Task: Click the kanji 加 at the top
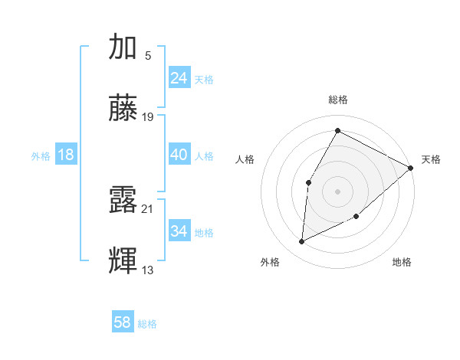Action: [x=123, y=47]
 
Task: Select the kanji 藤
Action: [x=123, y=109]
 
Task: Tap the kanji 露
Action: [x=123, y=200]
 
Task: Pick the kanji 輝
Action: [x=123, y=260]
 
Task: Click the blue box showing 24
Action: [x=179, y=77]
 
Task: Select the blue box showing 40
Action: [x=179, y=155]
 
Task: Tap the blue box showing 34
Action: [x=179, y=231]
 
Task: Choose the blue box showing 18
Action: [x=66, y=155]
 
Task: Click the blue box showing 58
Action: [x=123, y=322]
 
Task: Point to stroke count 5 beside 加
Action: [x=148, y=55]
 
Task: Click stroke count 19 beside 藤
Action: [x=148, y=117]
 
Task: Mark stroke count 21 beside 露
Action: [x=148, y=208]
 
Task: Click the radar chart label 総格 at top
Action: [x=338, y=100]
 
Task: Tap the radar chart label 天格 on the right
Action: [x=431, y=159]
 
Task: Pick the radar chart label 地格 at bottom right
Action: [x=402, y=262]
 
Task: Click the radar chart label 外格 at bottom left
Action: [x=270, y=262]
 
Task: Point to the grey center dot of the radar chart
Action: [x=337, y=191]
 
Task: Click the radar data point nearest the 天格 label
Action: [x=411, y=168]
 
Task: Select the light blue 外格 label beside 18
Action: [x=41, y=155]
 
